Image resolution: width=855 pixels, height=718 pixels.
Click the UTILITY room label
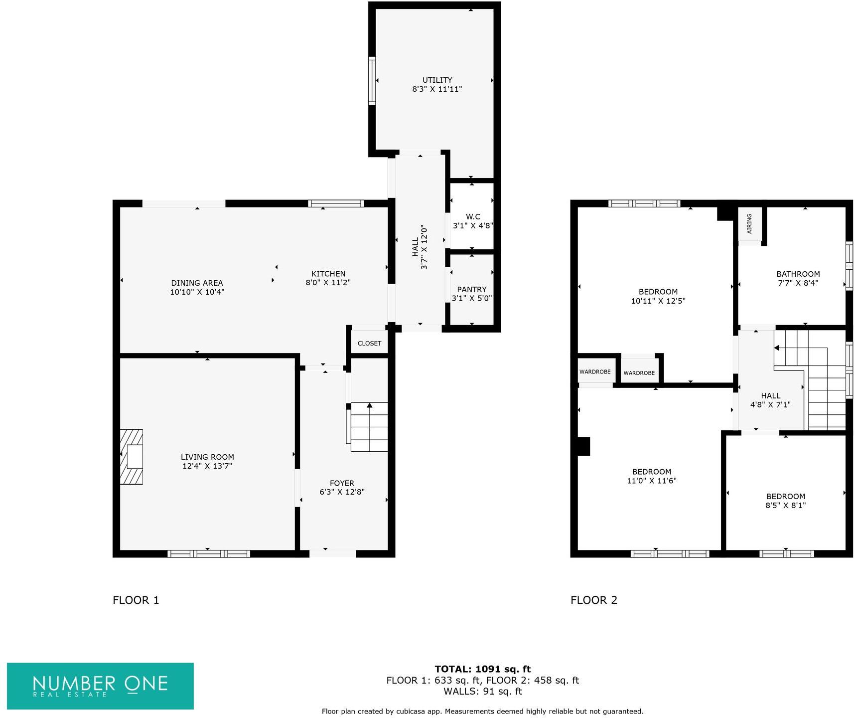click(x=437, y=80)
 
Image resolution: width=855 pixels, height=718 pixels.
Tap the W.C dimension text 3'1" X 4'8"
click(x=472, y=225)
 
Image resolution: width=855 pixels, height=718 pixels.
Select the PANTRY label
click(x=471, y=289)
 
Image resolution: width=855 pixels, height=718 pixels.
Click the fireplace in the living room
click(x=132, y=456)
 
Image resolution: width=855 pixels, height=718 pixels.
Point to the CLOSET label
click(x=369, y=343)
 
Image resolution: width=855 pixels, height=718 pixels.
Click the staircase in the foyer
click(x=369, y=427)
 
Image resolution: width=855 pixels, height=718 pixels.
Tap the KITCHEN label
click(x=328, y=273)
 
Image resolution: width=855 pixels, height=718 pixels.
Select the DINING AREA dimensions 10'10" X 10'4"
click(x=197, y=292)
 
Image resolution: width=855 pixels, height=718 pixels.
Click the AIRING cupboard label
click(x=749, y=223)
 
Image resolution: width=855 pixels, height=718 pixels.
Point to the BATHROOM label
click(x=798, y=274)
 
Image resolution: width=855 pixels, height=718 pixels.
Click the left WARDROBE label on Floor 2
click(x=595, y=372)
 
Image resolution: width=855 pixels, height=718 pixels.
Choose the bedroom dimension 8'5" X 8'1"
click(x=785, y=505)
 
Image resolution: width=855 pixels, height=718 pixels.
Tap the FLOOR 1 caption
click(x=136, y=600)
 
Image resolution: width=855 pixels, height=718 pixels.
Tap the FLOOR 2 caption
click(x=593, y=600)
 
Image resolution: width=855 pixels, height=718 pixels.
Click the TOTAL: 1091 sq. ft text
click(x=482, y=669)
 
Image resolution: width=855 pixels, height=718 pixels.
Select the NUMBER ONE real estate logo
click(x=100, y=686)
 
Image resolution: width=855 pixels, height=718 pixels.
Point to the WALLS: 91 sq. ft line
click(x=482, y=691)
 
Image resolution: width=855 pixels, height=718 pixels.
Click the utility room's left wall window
click(x=372, y=81)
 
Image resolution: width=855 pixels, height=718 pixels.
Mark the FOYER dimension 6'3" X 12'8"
click(x=342, y=492)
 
